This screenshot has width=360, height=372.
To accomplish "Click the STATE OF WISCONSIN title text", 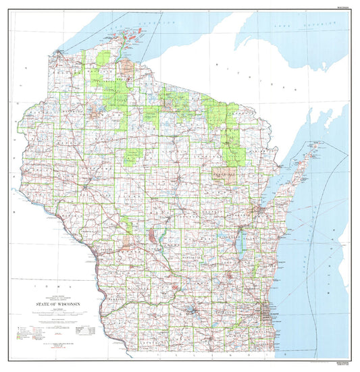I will pyautogui.click(x=58, y=304).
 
